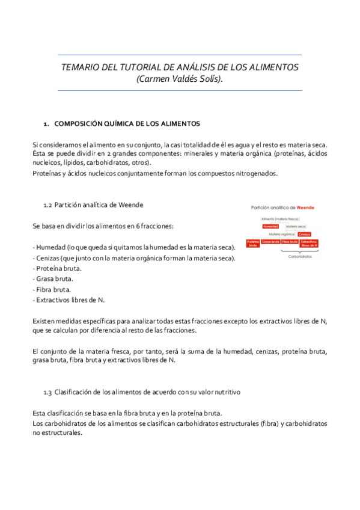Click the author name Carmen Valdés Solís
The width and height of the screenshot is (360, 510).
click(179, 79)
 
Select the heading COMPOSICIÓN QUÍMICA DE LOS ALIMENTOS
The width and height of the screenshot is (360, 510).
click(127, 124)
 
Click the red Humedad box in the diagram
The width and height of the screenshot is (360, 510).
click(270, 226)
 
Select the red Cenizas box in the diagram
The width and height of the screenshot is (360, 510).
click(304, 234)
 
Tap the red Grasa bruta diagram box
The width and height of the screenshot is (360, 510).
click(270, 242)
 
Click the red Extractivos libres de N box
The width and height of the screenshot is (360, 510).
click(309, 243)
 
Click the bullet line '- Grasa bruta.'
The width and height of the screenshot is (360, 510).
click(53, 278)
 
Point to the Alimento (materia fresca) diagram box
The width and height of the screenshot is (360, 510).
click(280, 218)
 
